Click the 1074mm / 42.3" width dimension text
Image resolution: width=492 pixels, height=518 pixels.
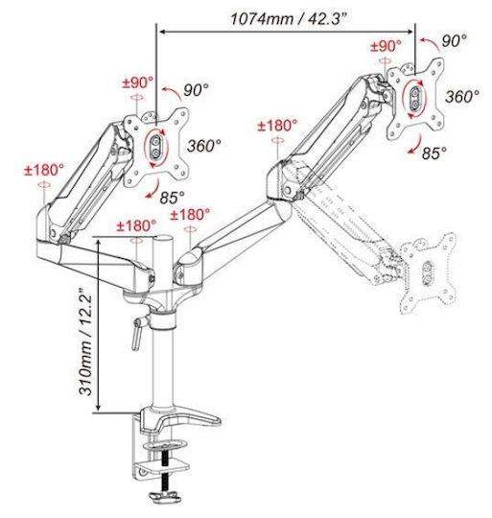290,18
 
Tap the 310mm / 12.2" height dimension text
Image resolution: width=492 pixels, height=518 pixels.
85,341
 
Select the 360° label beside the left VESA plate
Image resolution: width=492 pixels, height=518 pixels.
204,146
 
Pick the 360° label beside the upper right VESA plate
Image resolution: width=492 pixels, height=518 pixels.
462,97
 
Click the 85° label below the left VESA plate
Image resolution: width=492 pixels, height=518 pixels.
172,198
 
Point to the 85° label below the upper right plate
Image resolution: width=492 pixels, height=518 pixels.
434,153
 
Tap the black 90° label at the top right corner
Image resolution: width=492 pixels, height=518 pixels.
455,41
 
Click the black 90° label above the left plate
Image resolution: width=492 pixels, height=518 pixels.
197,90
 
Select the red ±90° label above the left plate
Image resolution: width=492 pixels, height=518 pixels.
138,82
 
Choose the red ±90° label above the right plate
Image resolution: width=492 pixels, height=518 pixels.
386,46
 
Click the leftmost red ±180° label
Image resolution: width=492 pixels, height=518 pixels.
44,171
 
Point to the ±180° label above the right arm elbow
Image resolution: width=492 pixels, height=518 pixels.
278,126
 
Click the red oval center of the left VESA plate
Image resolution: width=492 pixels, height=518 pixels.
156,148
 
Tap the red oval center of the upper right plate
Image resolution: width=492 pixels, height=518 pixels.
414,98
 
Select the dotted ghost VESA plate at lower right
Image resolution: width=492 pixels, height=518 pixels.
428,272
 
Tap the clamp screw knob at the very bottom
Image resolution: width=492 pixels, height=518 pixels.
165,497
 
